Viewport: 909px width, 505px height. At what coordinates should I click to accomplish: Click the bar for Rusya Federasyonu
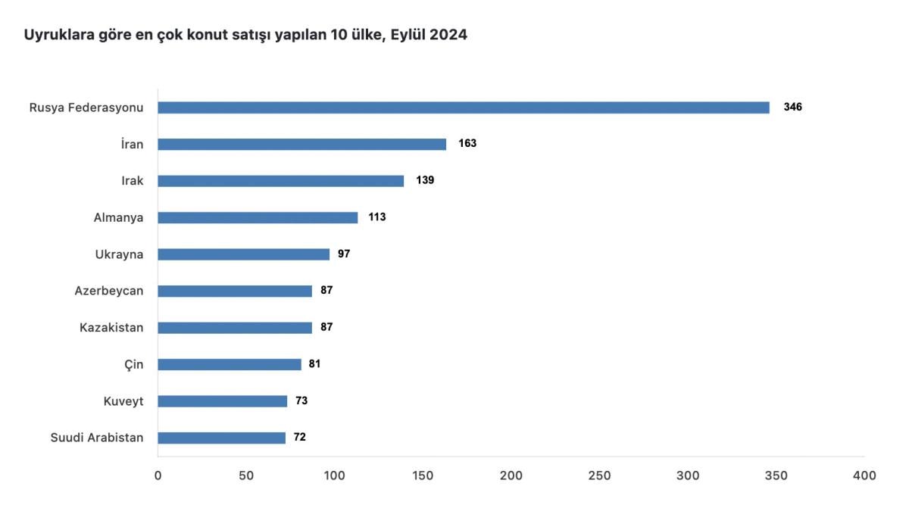pyautogui.click(x=464, y=108)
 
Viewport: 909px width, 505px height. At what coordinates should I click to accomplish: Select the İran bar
pyautogui.click(x=302, y=144)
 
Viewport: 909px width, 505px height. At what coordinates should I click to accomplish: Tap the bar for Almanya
pyautogui.click(x=258, y=217)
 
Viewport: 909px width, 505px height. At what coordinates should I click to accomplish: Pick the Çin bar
pyautogui.click(x=230, y=364)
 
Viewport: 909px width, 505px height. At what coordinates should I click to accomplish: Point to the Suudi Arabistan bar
pyautogui.click(x=221, y=438)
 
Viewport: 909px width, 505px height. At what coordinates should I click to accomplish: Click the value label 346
pyautogui.click(x=792, y=108)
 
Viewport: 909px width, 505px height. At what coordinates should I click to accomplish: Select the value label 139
pyautogui.click(x=425, y=181)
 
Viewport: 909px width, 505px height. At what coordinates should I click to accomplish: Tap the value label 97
pyautogui.click(x=344, y=254)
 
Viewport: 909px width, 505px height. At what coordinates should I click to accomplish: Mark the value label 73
pyautogui.click(x=301, y=401)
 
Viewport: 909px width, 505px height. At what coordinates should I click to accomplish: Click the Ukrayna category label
pyautogui.click(x=119, y=254)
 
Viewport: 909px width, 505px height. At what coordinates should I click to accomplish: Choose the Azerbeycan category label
pyautogui.click(x=109, y=291)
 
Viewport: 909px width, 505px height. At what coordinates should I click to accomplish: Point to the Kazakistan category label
pyautogui.click(x=111, y=328)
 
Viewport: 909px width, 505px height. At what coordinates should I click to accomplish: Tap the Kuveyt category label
pyautogui.click(x=123, y=401)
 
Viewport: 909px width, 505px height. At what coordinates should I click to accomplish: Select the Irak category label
pyautogui.click(x=133, y=181)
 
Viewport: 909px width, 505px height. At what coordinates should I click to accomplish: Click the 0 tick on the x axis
pyautogui.click(x=158, y=475)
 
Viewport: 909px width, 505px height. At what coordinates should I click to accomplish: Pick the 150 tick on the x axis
pyautogui.click(x=423, y=475)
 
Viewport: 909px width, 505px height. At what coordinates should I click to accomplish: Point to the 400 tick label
pyautogui.click(x=864, y=475)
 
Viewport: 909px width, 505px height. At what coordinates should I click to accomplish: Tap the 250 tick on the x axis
pyautogui.click(x=599, y=475)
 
